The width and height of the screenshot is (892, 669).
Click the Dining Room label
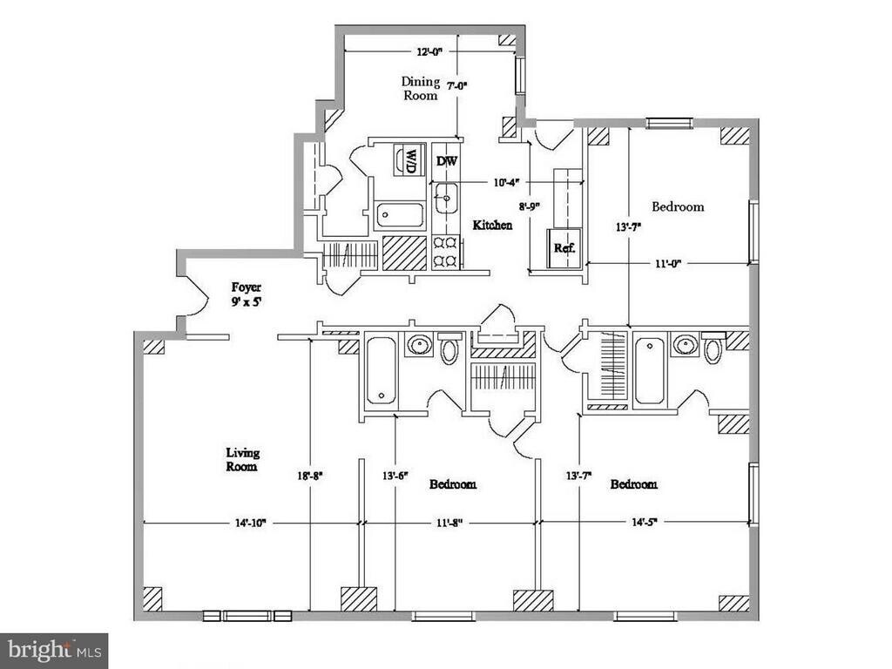tap(420, 89)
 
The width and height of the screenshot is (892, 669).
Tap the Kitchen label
tap(492, 225)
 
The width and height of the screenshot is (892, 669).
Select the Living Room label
tap(242, 459)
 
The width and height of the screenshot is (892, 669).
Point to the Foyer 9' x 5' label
tap(246, 294)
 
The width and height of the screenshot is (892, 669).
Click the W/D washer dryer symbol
tap(407, 160)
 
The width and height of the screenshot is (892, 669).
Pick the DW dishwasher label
tap(446, 161)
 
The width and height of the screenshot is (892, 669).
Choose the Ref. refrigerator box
tap(564, 247)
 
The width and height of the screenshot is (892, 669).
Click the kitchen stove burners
tap(445, 251)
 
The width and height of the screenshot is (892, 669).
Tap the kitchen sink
tap(445, 199)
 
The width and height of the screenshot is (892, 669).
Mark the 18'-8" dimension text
tap(310, 476)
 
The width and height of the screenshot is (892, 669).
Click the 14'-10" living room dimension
tap(251, 523)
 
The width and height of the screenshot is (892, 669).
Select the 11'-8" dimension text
tap(449, 523)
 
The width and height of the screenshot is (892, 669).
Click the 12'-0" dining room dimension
tap(429, 51)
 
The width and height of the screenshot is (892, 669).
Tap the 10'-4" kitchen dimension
tap(506, 183)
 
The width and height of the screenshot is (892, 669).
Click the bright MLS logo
tap(53, 650)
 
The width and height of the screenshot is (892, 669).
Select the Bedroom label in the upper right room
tap(678, 206)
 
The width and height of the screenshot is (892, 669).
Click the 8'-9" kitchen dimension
tap(530, 206)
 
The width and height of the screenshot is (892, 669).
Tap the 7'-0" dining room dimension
tap(457, 86)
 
